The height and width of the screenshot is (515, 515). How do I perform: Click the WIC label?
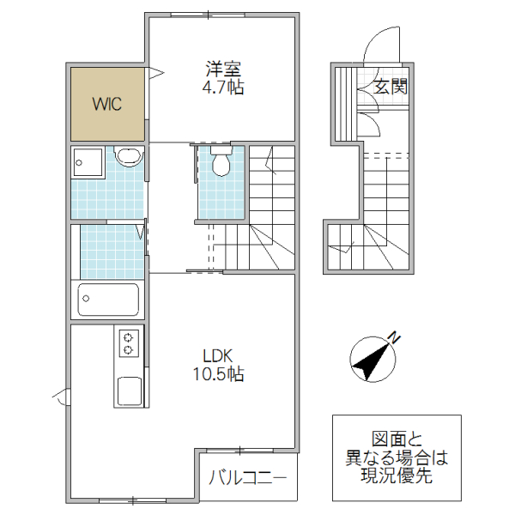pyautogui.click(x=107, y=105)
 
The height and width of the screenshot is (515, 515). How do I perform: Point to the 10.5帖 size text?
pyautogui.click(x=218, y=374)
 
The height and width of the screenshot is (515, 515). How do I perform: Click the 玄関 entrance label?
pyautogui.click(x=391, y=86)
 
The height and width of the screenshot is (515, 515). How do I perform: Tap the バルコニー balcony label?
pyautogui.click(x=248, y=479)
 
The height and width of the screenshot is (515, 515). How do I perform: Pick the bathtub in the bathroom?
pyautogui.click(x=108, y=300)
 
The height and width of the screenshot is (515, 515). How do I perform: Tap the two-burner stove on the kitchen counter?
pyautogui.click(x=130, y=343)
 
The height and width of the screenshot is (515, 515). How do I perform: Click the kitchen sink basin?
pyautogui.click(x=130, y=392)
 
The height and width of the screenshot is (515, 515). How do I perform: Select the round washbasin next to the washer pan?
pyautogui.click(x=129, y=156)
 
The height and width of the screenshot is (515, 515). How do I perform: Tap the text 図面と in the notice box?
pyautogui.click(x=397, y=439)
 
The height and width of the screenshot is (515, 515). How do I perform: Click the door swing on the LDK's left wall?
pyautogui.click(x=61, y=397)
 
